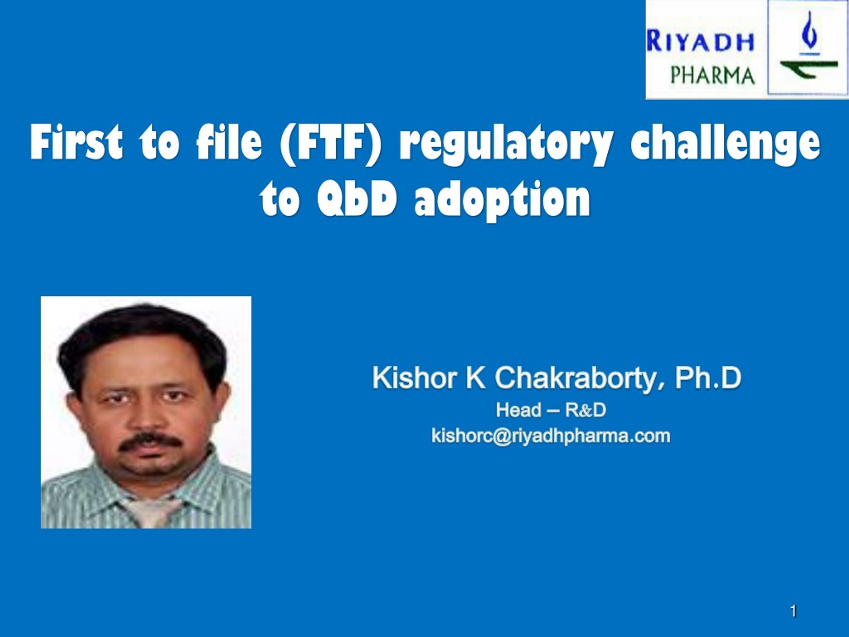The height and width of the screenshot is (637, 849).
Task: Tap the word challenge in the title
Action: pyautogui.click(x=725, y=145)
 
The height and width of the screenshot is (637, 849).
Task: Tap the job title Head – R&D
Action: pyautogui.click(x=551, y=410)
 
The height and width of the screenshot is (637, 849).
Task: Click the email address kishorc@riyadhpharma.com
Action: pyautogui.click(x=551, y=436)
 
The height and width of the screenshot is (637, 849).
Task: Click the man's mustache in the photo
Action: pyautogui.click(x=150, y=443)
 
